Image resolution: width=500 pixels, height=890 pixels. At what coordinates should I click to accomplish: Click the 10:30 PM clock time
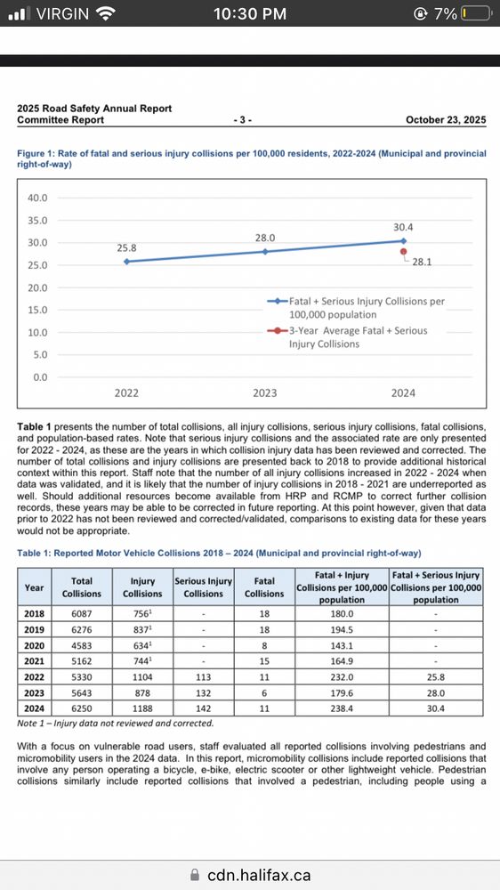click(250, 14)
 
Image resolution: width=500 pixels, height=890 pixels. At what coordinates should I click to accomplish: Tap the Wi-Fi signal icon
click(106, 14)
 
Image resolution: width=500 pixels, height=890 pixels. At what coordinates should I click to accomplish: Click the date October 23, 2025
click(446, 119)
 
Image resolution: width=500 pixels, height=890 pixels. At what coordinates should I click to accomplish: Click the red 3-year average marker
click(403, 251)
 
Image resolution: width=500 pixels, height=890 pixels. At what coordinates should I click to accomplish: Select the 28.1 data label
click(419, 262)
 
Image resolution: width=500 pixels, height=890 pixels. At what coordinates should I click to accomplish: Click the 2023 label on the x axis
click(265, 392)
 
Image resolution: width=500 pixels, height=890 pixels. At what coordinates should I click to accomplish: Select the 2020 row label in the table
click(34, 645)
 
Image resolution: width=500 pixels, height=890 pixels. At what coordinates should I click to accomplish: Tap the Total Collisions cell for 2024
click(82, 709)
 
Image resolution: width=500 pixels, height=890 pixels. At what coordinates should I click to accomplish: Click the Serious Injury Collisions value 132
click(204, 693)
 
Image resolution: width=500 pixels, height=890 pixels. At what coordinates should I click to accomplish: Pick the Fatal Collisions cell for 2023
click(264, 693)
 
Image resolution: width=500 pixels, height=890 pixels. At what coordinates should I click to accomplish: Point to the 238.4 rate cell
click(342, 709)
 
